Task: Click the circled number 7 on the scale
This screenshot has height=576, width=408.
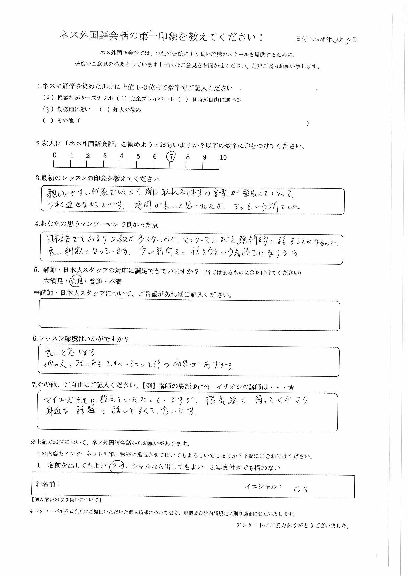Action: click(x=171, y=157)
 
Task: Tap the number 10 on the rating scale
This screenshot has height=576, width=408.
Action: click(x=223, y=157)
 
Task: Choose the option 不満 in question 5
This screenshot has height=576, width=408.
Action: click(x=115, y=281)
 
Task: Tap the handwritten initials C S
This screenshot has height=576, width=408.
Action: click(x=300, y=489)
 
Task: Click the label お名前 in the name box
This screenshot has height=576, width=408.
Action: click(x=48, y=484)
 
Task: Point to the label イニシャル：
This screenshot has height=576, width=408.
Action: click(x=263, y=487)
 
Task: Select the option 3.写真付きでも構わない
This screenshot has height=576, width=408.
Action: click(x=245, y=467)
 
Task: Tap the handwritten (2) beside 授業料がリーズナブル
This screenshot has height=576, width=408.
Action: click(x=48, y=98)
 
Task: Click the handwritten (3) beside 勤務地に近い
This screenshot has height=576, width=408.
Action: click(x=48, y=109)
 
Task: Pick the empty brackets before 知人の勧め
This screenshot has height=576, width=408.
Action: click(x=104, y=110)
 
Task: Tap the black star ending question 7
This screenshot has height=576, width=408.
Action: click(x=291, y=387)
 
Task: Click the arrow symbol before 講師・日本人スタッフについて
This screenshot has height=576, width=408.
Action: click(x=36, y=293)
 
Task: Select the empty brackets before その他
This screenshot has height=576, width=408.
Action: click(x=48, y=120)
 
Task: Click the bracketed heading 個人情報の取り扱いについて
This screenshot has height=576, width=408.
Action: click(x=66, y=500)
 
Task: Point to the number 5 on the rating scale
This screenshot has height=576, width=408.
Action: click(x=138, y=156)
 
